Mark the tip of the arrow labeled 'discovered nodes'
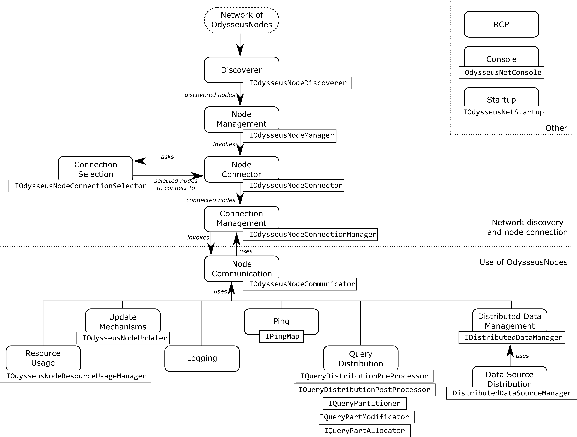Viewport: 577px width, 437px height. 240,106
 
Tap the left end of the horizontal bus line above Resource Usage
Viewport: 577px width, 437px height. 43,301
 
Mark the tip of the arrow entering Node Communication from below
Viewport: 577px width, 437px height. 231,282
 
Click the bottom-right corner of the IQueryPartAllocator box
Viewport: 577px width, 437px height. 410,437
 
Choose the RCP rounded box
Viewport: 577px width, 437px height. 501,24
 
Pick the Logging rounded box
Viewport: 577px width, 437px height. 202,359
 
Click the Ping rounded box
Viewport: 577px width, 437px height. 281,322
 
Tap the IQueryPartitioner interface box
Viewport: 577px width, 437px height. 364,403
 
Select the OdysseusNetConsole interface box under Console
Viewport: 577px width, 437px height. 501,72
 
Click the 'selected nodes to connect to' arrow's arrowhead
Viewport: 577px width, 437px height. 197,176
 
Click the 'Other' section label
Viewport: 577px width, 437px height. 556,128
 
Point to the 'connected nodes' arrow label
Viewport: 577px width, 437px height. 211,200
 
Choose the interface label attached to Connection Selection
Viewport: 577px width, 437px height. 80,186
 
